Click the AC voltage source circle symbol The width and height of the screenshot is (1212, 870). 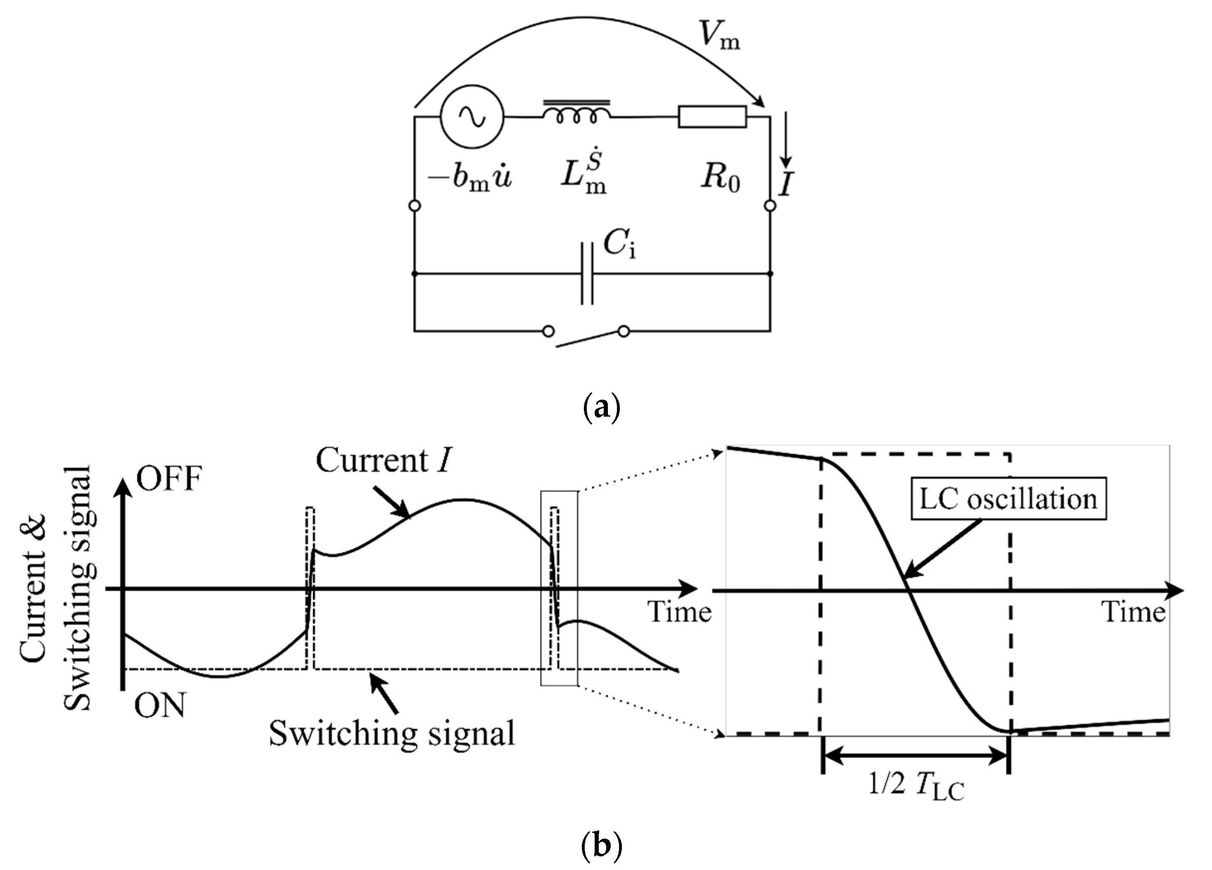pos(472,117)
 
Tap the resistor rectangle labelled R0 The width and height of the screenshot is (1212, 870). pos(712,117)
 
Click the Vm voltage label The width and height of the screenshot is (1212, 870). pos(720,36)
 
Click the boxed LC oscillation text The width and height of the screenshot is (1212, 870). pos(1008,499)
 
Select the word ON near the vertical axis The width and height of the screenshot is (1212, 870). pos(159,705)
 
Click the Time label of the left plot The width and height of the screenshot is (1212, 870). pos(680,612)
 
